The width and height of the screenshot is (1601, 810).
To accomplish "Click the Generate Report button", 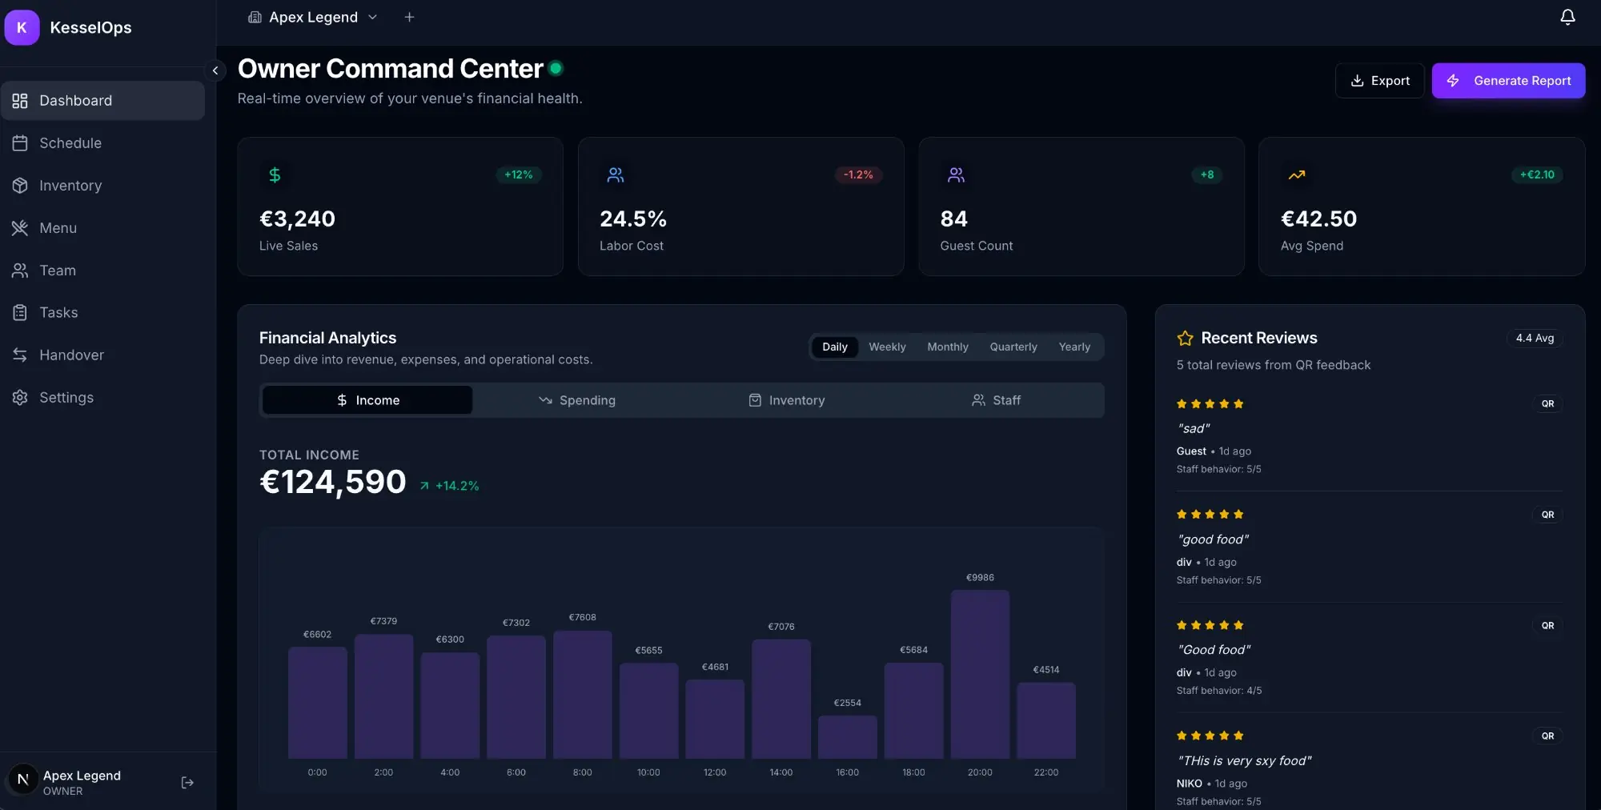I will click(1508, 81).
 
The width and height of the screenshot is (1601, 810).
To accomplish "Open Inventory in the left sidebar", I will click(70, 186).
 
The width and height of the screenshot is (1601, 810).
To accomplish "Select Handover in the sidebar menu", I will click(71, 355).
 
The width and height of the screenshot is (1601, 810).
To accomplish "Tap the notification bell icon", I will click(1567, 18).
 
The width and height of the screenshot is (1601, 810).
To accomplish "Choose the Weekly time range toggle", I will click(887, 347).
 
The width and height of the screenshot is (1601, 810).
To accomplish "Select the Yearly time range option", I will click(1073, 347).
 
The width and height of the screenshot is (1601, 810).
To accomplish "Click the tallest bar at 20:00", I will click(980, 674).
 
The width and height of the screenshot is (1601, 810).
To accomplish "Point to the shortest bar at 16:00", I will click(847, 737).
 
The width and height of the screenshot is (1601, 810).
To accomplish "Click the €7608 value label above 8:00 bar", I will click(582, 617).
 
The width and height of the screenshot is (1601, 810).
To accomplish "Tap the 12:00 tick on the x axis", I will click(714, 772).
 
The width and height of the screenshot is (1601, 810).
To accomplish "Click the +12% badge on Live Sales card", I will click(518, 174).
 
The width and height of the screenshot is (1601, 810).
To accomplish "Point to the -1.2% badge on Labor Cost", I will click(858, 174).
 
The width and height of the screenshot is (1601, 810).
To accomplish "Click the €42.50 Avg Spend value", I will click(1318, 219).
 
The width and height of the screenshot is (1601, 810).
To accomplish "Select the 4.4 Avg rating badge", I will click(1535, 339).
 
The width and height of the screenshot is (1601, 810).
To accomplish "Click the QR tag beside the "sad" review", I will click(1547, 404).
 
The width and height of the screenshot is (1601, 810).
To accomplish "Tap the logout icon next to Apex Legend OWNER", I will click(187, 783).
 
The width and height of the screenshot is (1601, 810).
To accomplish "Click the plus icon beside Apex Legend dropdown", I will click(409, 18).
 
